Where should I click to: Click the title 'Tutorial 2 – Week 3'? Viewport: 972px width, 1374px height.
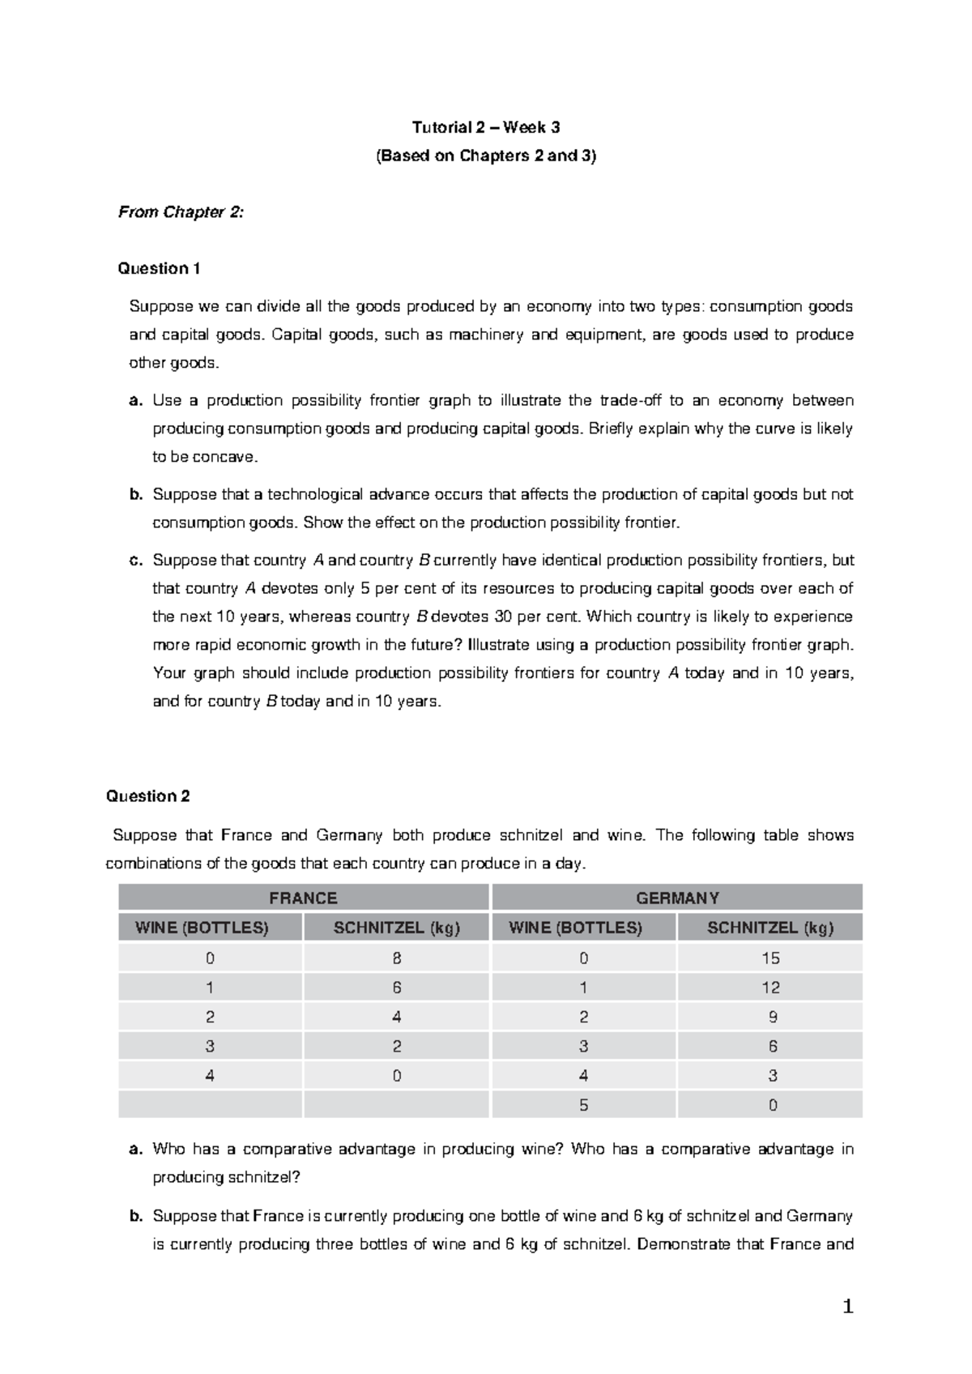[x=486, y=127]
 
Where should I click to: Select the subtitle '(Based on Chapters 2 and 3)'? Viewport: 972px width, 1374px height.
[x=486, y=156]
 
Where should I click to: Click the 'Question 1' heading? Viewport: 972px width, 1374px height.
[x=159, y=268]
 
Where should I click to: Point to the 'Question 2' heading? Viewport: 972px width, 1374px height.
[x=147, y=796]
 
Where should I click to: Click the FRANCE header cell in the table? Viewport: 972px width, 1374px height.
[x=304, y=898]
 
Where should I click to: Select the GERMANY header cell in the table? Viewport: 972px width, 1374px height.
[x=677, y=898]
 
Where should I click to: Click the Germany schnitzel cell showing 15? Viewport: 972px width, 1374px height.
[x=770, y=958]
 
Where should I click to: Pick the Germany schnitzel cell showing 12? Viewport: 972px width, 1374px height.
[x=770, y=988]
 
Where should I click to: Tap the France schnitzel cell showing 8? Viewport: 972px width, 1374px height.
[x=397, y=958]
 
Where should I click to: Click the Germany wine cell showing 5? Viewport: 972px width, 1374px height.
[x=583, y=1105]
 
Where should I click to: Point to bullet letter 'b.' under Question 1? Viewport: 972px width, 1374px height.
[x=136, y=494]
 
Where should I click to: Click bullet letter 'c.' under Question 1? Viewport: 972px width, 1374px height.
[x=136, y=561]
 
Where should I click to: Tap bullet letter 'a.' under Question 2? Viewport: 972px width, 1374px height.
[x=136, y=1149]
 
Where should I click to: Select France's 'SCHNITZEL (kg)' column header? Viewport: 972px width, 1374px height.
[x=397, y=928]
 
